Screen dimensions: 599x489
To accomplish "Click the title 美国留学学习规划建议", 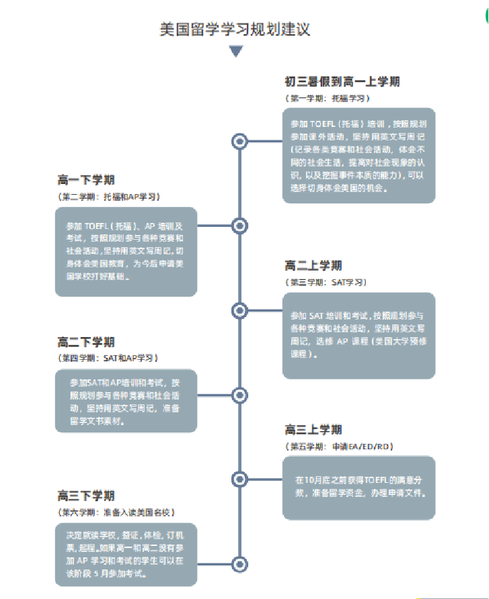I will click(x=235, y=30).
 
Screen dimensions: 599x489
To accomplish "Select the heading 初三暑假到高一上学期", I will click(x=342, y=82).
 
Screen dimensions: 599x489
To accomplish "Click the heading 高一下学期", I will click(x=86, y=180).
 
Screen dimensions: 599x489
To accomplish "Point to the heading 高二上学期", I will click(x=313, y=266).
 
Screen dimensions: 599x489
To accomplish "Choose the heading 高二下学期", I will click(x=86, y=342).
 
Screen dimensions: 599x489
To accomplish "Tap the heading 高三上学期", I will click(x=313, y=430).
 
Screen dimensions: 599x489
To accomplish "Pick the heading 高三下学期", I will click(x=86, y=496).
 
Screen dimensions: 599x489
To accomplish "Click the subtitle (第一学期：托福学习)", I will click(x=328, y=98).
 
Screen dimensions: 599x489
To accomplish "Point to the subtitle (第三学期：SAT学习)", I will click(x=327, y=282).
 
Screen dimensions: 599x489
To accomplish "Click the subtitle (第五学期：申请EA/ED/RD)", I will click(x=340, y=446).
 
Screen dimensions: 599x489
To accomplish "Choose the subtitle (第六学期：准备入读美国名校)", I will click(x=116, y=512).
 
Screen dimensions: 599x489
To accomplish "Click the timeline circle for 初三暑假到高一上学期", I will click(x=239, y=141).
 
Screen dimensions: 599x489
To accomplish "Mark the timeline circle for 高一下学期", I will click(x=239, y=226).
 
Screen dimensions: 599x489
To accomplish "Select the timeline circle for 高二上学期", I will click(x=239, y=310).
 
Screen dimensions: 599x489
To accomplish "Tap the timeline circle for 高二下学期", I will click(x=239, y=395).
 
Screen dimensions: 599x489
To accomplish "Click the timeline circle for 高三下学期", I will click(x=239, y=563).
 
